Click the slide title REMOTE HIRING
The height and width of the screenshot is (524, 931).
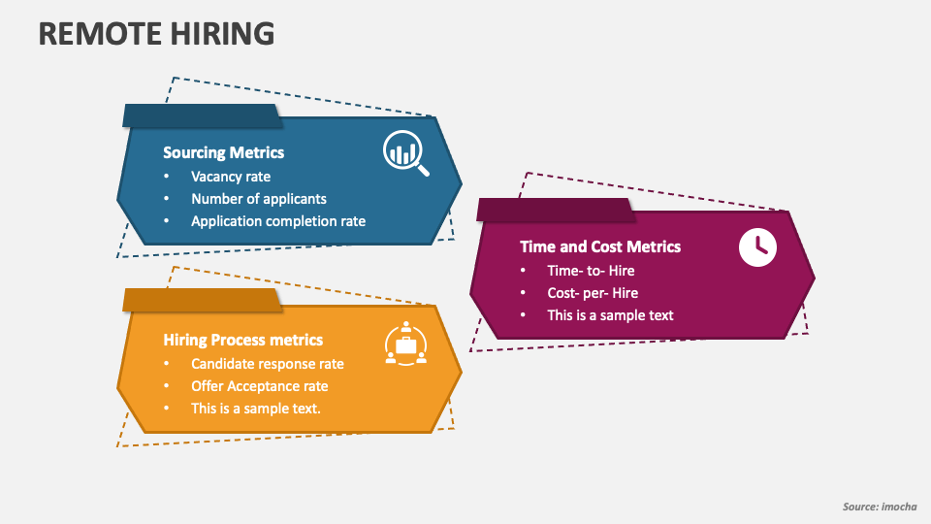click(x=156, y=33)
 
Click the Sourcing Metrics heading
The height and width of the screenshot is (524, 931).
click(x=223, y=152)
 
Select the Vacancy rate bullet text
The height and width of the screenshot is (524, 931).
click(x=231, y=177)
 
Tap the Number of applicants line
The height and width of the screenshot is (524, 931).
click(x=259, y=199)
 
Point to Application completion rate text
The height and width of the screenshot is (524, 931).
click(x=278, y=221)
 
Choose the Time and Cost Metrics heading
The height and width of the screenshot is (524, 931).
click(x=600, y=246)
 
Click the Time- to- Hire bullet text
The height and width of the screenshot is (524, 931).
click(x=591, y=271)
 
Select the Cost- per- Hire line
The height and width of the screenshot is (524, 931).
click(x=593, y=293)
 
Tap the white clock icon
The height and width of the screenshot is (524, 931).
click(x=757, y=246)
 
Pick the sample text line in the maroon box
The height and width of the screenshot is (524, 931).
click(x=610, y=315)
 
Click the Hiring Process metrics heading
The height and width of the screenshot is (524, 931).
click(x=242, y=340)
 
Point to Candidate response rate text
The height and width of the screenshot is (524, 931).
click(x=268, y=364)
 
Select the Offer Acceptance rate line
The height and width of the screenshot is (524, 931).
click(x=260, y=386)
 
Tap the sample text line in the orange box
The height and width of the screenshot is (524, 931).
click(x=256, y=409)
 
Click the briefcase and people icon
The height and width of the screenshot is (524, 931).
click(x=405, y=343)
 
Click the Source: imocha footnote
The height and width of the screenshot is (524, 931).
click(x=880, y=507)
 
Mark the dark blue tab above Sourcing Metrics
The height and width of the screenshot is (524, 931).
click(x=202, y=115)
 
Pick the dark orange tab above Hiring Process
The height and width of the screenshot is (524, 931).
click(x=202, y=300)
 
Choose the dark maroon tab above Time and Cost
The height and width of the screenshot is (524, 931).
click(x=555, y=210)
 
